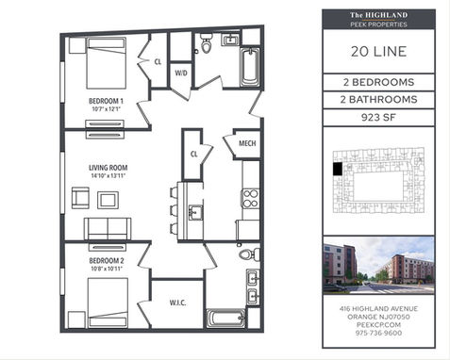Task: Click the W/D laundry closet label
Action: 181,74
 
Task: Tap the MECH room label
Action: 247,143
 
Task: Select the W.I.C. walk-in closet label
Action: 177,303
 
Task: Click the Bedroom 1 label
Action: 106,101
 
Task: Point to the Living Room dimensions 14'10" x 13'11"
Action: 108,176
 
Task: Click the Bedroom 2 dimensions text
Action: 107,269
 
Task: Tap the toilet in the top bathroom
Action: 206,43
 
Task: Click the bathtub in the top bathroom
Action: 250,67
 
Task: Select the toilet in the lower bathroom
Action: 249,254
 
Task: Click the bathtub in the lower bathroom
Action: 225,319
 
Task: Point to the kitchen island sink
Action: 195,213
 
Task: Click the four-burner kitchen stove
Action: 251,199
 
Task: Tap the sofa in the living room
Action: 108,229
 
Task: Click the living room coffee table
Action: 108,200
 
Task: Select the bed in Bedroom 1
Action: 107,63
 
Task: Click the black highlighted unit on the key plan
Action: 338,169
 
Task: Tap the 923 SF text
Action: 378,118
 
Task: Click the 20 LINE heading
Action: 378,52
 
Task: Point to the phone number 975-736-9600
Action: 378,333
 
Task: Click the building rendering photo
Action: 378,266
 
